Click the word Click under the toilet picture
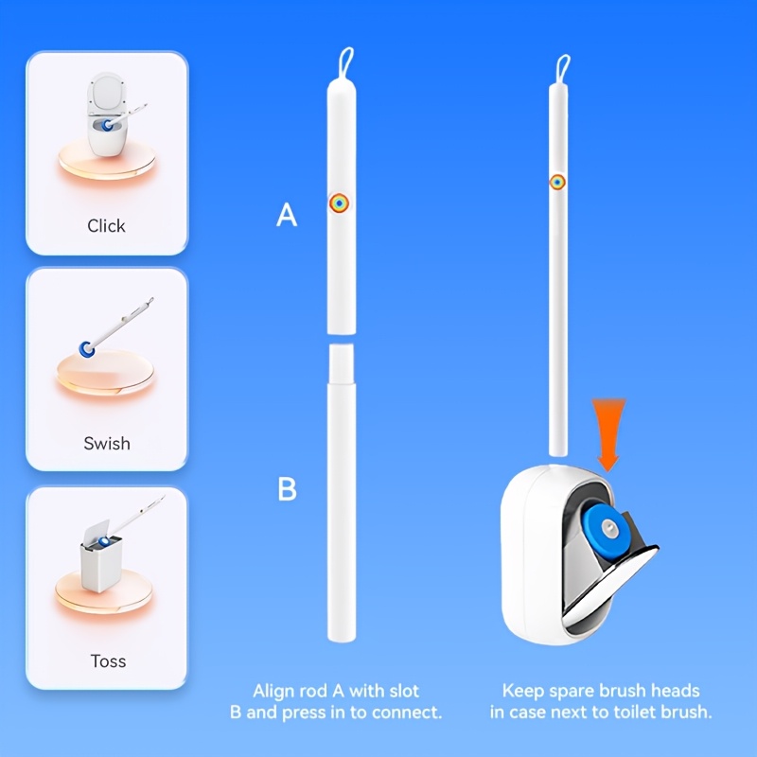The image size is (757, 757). [x=106, y=225]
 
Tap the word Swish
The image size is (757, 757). [x=107, y=443]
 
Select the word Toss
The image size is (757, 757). [x=108, y=660]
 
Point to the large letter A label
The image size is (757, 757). [x=287, y=215]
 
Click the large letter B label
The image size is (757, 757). [x=288, y=488]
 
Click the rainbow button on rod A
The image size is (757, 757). [x=340, y=203]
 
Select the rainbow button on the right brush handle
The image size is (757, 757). [x=557, y=182]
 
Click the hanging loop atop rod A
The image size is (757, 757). [x=346, y=62]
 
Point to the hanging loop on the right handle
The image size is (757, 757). [x=563, y=68]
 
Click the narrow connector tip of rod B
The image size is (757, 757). [x=342, y=363]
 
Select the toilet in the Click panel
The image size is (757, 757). [x=106, y=114]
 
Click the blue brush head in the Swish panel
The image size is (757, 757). [x=87, y=348]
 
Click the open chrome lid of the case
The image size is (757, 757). [x=609, y=587]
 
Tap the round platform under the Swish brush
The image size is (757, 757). [x=105, y=374]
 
